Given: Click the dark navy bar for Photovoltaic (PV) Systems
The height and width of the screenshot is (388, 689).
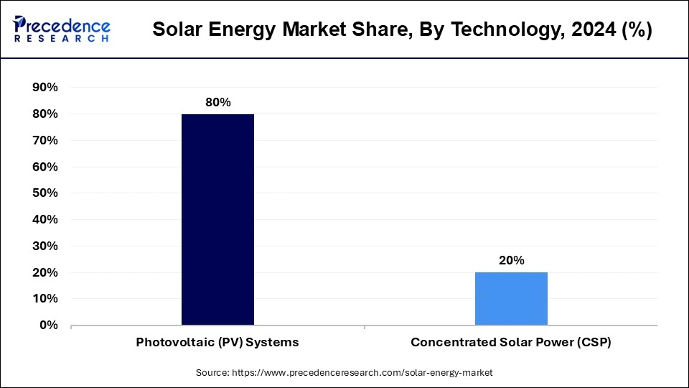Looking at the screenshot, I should pyautogui.click(x=217, y=219).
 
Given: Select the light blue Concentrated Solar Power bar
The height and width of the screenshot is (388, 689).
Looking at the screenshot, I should pyautogui.click(x=511, y=298).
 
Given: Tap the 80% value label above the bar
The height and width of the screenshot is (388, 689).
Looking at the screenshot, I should pyautogui.click(x=217, y=102).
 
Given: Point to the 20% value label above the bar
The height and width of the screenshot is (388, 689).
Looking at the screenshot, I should pyautogui.click(x=512, y=260).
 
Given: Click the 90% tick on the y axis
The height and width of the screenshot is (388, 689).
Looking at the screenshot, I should pyautogui.click(x=45, y=88).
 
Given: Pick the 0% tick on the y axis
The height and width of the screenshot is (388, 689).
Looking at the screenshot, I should pyautogui.click(x=49, y=325).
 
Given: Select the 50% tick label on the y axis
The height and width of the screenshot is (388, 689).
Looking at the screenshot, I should pyautogui.click(x=45, y=193).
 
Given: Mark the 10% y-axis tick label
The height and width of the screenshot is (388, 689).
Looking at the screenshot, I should pyautogui.click(x=45, y=298).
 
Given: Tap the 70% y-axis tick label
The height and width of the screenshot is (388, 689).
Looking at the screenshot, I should pyautogui.click(x=45, y=140).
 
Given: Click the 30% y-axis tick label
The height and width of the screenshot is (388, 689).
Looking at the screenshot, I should pyautogui.click(x=45, y=246).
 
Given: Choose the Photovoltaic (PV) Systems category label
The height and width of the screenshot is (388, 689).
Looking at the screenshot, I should pyautogui.click(x=217, y=343).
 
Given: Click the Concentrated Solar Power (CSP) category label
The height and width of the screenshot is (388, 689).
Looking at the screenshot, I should pyautogui.click(x=511, y=343).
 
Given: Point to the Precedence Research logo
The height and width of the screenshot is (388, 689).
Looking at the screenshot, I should pyautogui.click(x=62, y=29).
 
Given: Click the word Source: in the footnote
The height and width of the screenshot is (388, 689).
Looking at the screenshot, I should pyautogui.click(x=212, y=373).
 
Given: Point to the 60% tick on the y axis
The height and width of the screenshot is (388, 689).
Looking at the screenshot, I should pyautogui.click(x=45, y=167).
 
